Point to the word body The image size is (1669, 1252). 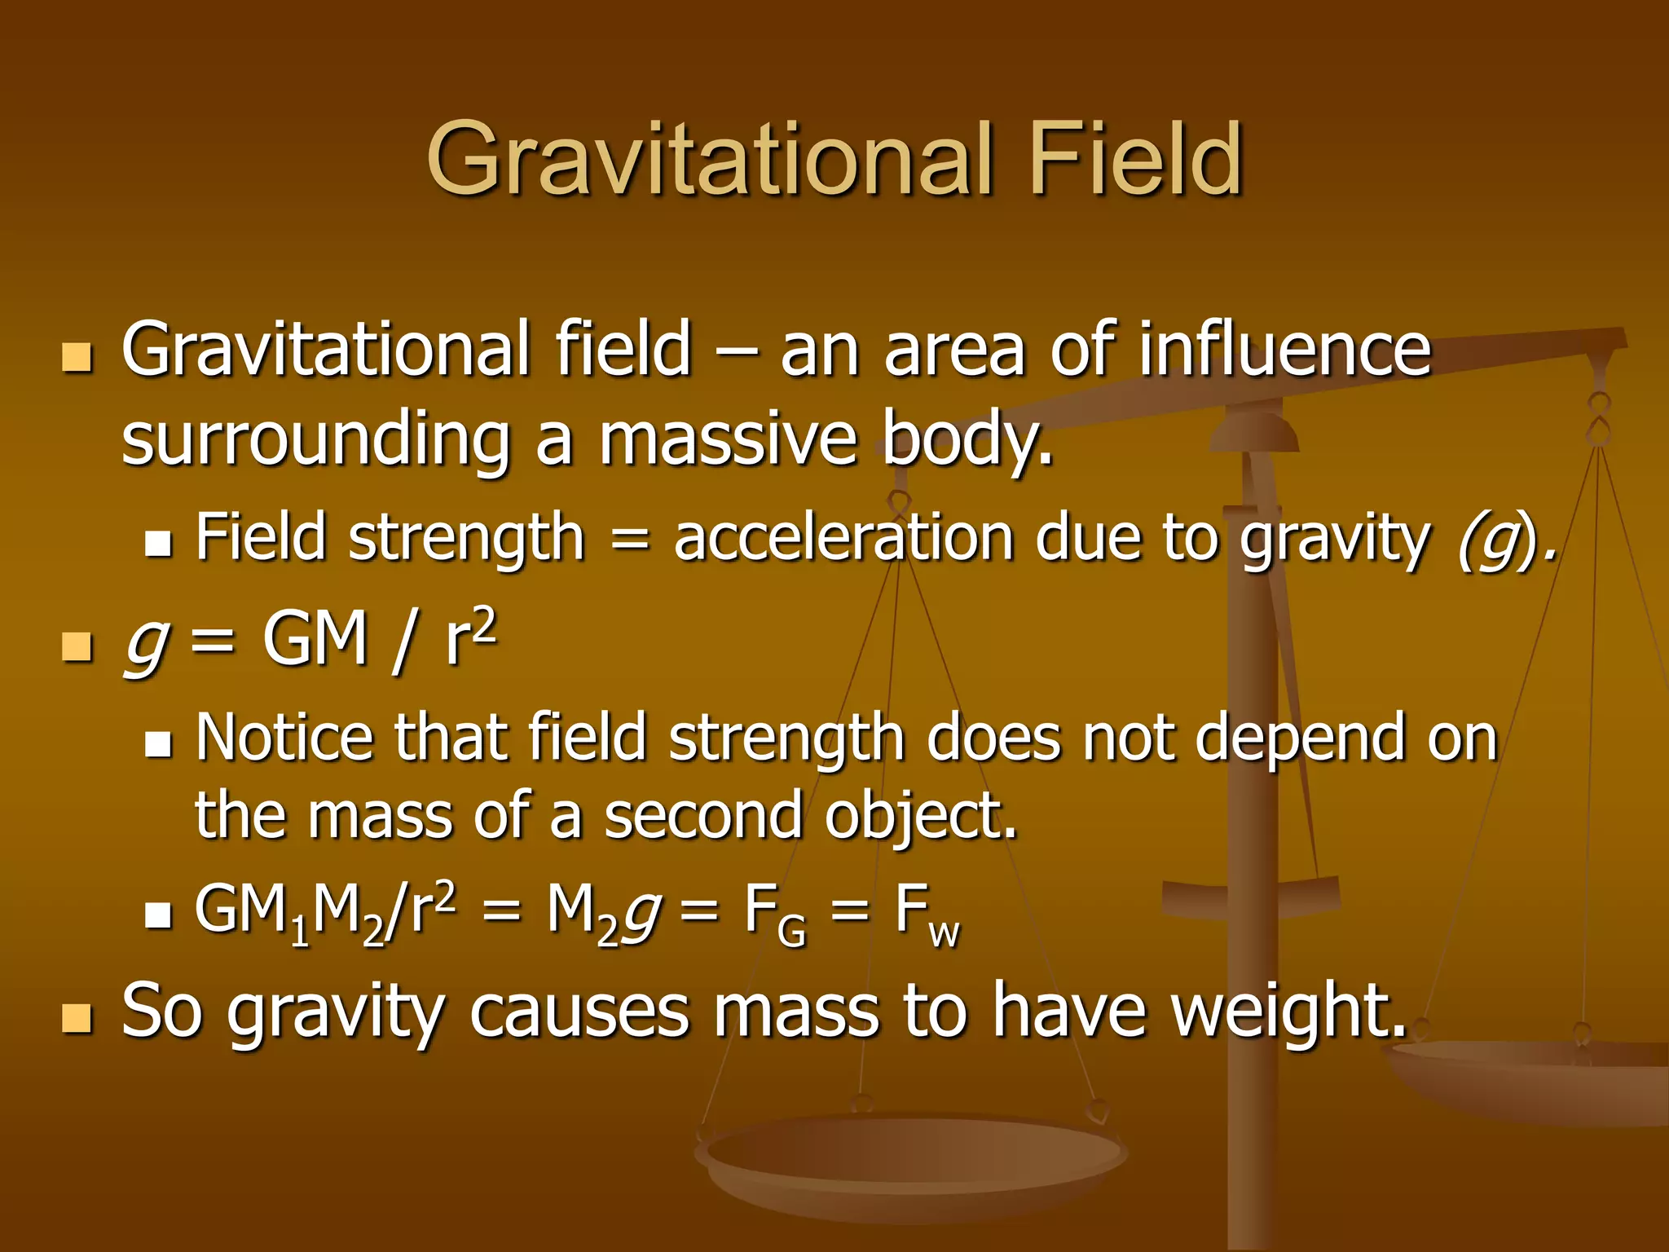[967, 440]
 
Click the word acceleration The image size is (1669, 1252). [844, 538]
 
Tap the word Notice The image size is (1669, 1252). [284, 737]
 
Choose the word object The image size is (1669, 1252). [921, 817]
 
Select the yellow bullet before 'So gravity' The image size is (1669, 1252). [77, 1018]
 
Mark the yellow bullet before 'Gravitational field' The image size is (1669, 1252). [77, 357]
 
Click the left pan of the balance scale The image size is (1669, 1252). [909, 1157]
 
